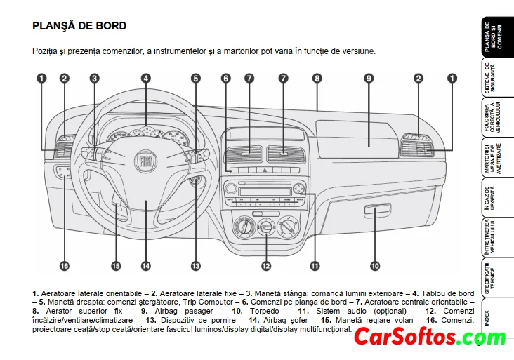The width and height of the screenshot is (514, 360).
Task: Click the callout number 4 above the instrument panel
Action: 145,79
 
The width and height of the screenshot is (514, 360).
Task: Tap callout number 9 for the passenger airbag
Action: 369,79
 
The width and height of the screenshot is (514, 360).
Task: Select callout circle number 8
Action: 317,79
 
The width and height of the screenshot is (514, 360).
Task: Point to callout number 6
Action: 225,79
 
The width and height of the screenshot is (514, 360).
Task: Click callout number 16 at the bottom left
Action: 64,266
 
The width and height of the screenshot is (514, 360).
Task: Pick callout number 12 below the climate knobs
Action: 266,266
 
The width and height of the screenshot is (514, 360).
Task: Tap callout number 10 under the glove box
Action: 375,266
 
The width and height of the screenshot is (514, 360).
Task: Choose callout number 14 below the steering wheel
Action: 145,266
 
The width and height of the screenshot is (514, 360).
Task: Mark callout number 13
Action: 195,266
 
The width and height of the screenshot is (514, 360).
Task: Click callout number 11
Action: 315,266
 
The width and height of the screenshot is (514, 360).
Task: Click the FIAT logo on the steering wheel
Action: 145,161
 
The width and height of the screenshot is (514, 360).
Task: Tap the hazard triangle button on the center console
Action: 265,171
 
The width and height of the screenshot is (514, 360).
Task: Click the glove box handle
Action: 378,208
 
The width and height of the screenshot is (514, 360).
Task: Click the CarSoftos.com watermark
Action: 429,338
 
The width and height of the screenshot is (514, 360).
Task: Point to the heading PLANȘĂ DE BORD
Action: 79,26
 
